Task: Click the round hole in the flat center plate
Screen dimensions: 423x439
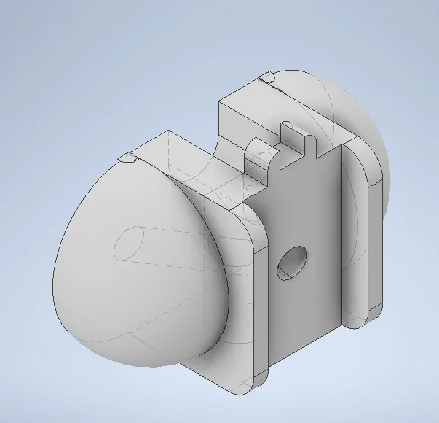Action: [x=292, y=263]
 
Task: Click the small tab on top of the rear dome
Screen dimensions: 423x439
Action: [x=266, y=76]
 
